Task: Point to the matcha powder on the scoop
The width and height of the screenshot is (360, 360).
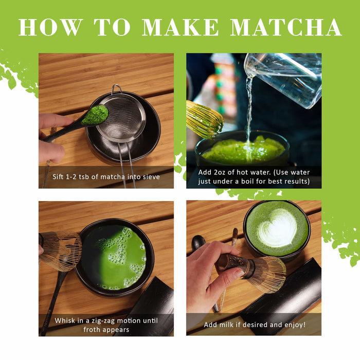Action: tap(95, 115)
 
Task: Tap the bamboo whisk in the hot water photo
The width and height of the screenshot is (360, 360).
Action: tap(204, 119)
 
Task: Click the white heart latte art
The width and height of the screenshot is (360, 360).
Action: tap(278, 228)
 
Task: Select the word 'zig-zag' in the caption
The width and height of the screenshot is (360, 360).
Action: tap(100, 320)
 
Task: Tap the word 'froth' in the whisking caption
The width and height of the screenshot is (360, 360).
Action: tap(93, 330)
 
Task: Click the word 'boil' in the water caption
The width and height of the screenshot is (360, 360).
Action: tap(262, 182)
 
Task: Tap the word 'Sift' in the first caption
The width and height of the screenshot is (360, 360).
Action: tap(59, 177)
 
